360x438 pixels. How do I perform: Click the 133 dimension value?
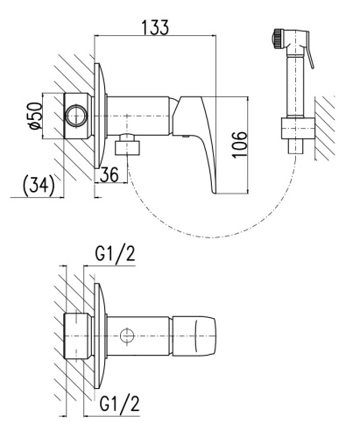[x=155, y=27]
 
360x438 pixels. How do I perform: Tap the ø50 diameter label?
[x=36, y=116]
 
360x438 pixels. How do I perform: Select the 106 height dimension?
[x=240, y=145]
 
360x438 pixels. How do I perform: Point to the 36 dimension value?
[x=109, y=174]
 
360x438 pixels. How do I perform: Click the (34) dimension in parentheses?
[x=39, y=185]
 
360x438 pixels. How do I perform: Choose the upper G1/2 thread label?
[x=116, y=254]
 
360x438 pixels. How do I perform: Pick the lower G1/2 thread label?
[x=119, y=403]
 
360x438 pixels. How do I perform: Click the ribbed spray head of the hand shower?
[x=278, y=38]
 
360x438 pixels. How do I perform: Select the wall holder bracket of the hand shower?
[x=298, y=128]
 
